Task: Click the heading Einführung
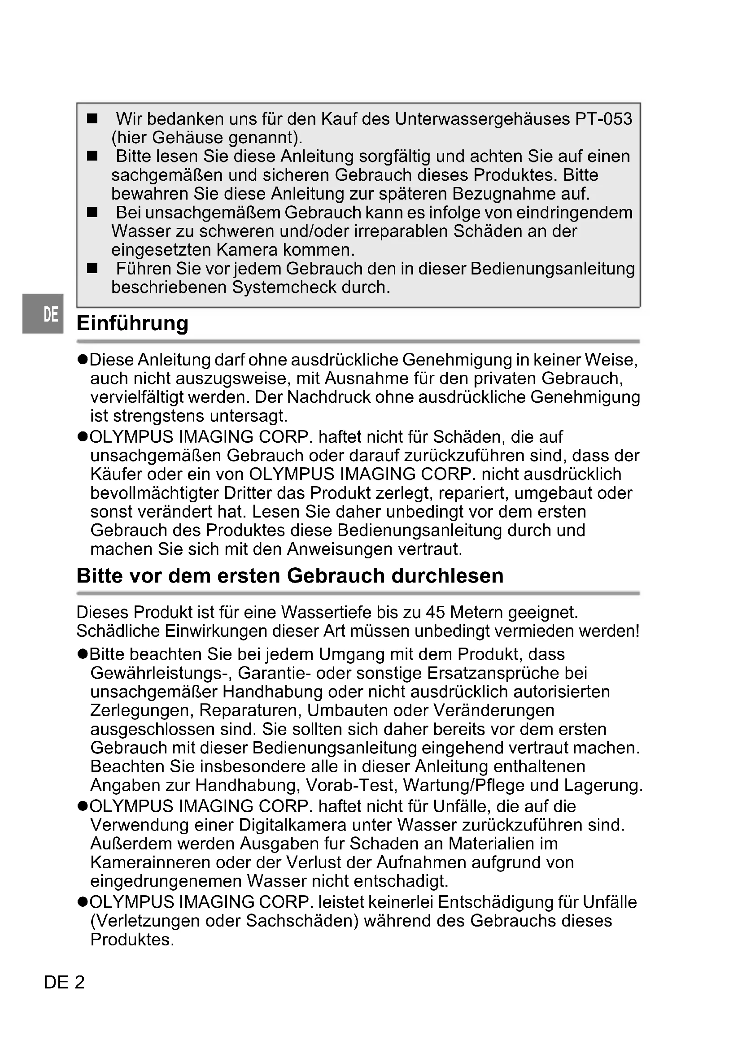point(132,323)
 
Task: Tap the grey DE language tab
point(43,314)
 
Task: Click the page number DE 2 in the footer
point(64,982)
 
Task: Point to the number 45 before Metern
point(435,612)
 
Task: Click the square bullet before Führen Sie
point(92,268)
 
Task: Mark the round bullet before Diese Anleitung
point(82,360)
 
